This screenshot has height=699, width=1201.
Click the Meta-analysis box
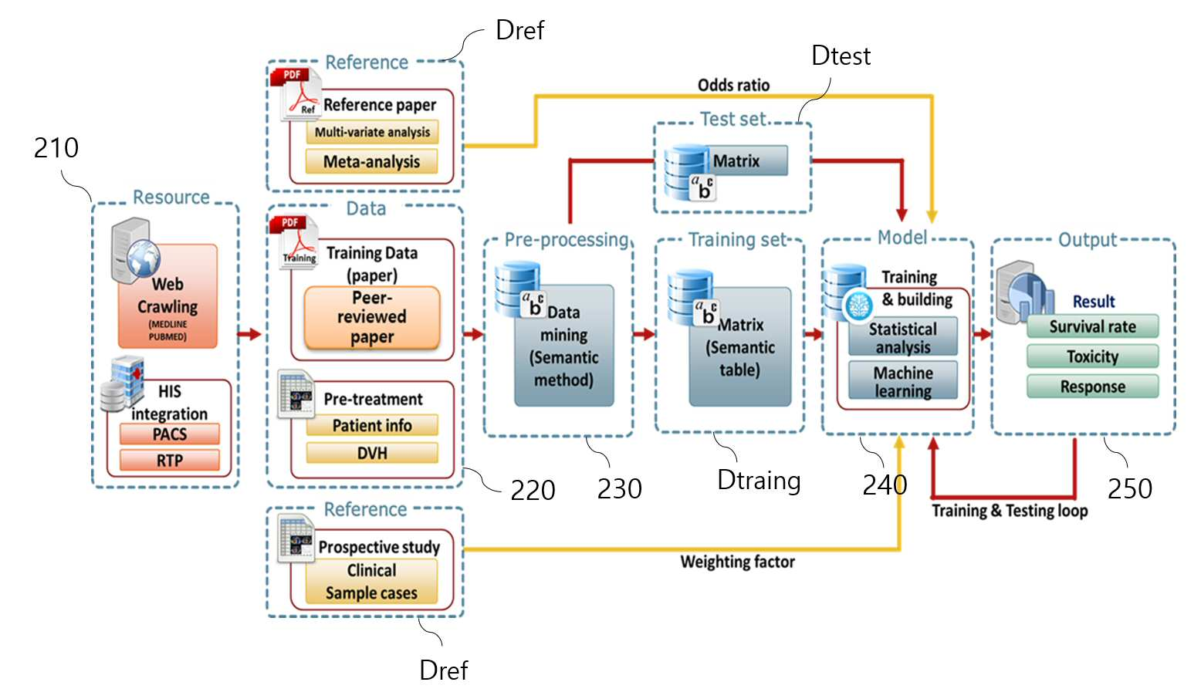click(x=371, y=161)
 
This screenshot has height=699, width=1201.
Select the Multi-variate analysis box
click(x=372, y=132)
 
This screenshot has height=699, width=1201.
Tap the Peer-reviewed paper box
click(x=372, y=317)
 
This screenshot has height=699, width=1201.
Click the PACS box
click(x=170, y=434)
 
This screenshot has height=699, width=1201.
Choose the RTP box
click(x=170, y=460)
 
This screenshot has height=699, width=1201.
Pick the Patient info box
click(x=372, y=425)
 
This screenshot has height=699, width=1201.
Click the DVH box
click(x=372, y=453)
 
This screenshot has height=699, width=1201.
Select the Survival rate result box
click(x=1093, y=326)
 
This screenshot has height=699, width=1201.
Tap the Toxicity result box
click(x=1093, y=356)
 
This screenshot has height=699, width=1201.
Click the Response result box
click(x=1093, y=386)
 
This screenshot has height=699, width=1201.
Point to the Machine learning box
click(x=903, y=380)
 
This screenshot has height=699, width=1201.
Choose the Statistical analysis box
click(x=903, y=336)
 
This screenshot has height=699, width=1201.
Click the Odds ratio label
click(x=733, y=85)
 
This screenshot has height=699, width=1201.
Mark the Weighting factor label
click(x=737, y=561)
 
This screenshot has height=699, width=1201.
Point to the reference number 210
click(x=56, y=147)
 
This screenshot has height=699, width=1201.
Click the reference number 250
click(x=1130, y=488)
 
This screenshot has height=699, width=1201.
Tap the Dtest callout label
click(x=841, y=56)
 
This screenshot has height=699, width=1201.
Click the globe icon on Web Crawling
click(x=143, y=258)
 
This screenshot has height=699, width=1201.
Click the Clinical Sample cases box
click(x=371, y=582)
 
